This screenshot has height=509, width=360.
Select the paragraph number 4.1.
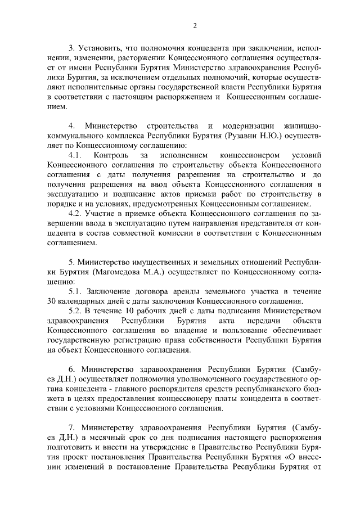[x=76, y=154]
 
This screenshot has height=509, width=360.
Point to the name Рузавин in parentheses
[x=242, y=136]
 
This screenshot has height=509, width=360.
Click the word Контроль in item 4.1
[x=113, y=154]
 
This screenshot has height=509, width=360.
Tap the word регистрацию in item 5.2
[x=136, y=341]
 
